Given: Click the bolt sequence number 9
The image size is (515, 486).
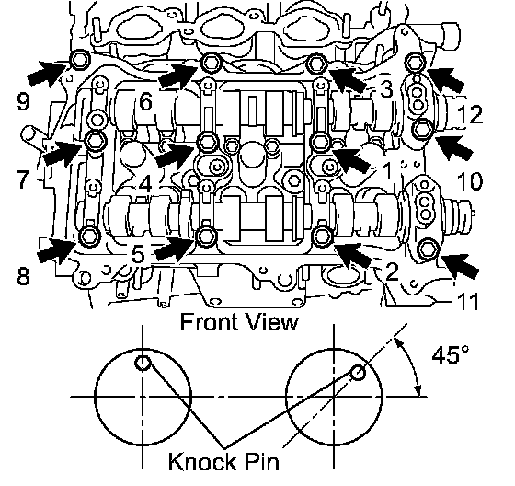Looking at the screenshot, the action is (x=23, y=101).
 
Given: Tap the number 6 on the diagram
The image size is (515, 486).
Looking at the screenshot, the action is (x=146, y=101).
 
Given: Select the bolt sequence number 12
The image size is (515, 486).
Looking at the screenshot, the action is (x=470, y=114).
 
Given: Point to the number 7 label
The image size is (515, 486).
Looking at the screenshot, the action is (x=23, y=179).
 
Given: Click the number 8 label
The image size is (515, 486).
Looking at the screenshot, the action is (x=23, y=276).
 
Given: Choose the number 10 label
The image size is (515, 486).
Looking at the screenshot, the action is (x=470, y=181).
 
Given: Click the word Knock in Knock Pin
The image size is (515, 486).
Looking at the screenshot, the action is (x=201, y=461).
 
